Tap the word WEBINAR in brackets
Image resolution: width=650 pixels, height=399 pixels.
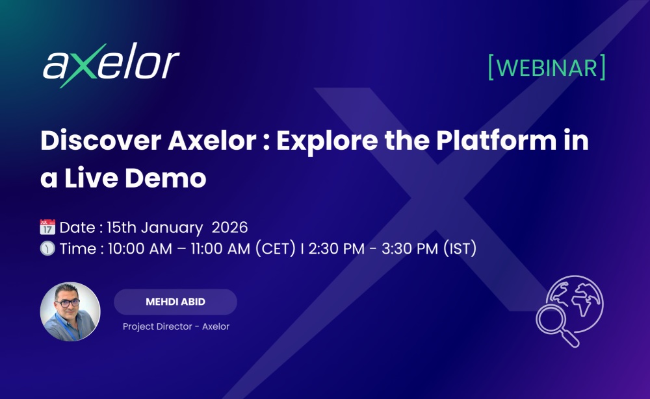click(547, 67)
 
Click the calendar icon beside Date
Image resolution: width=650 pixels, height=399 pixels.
click(47, 228)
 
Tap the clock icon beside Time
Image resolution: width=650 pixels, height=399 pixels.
click(47, 248)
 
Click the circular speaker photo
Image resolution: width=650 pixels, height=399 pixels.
click(70, 311)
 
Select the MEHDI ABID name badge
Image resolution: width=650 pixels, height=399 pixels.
click(175, 302)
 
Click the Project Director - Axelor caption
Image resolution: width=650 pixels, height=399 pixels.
click(176, 326)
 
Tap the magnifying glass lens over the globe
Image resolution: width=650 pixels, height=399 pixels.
click(552, 319)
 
